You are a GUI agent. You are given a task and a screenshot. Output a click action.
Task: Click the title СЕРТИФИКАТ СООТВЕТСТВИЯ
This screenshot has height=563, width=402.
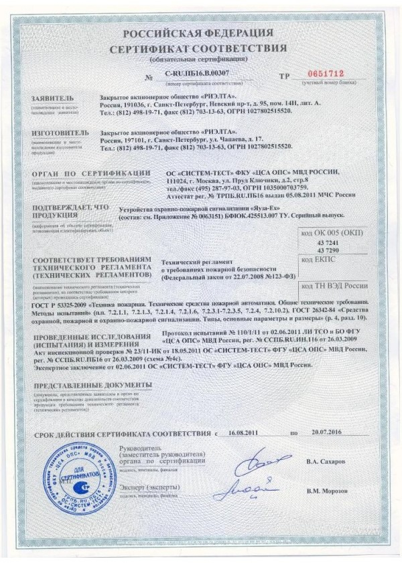pos(202,50)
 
